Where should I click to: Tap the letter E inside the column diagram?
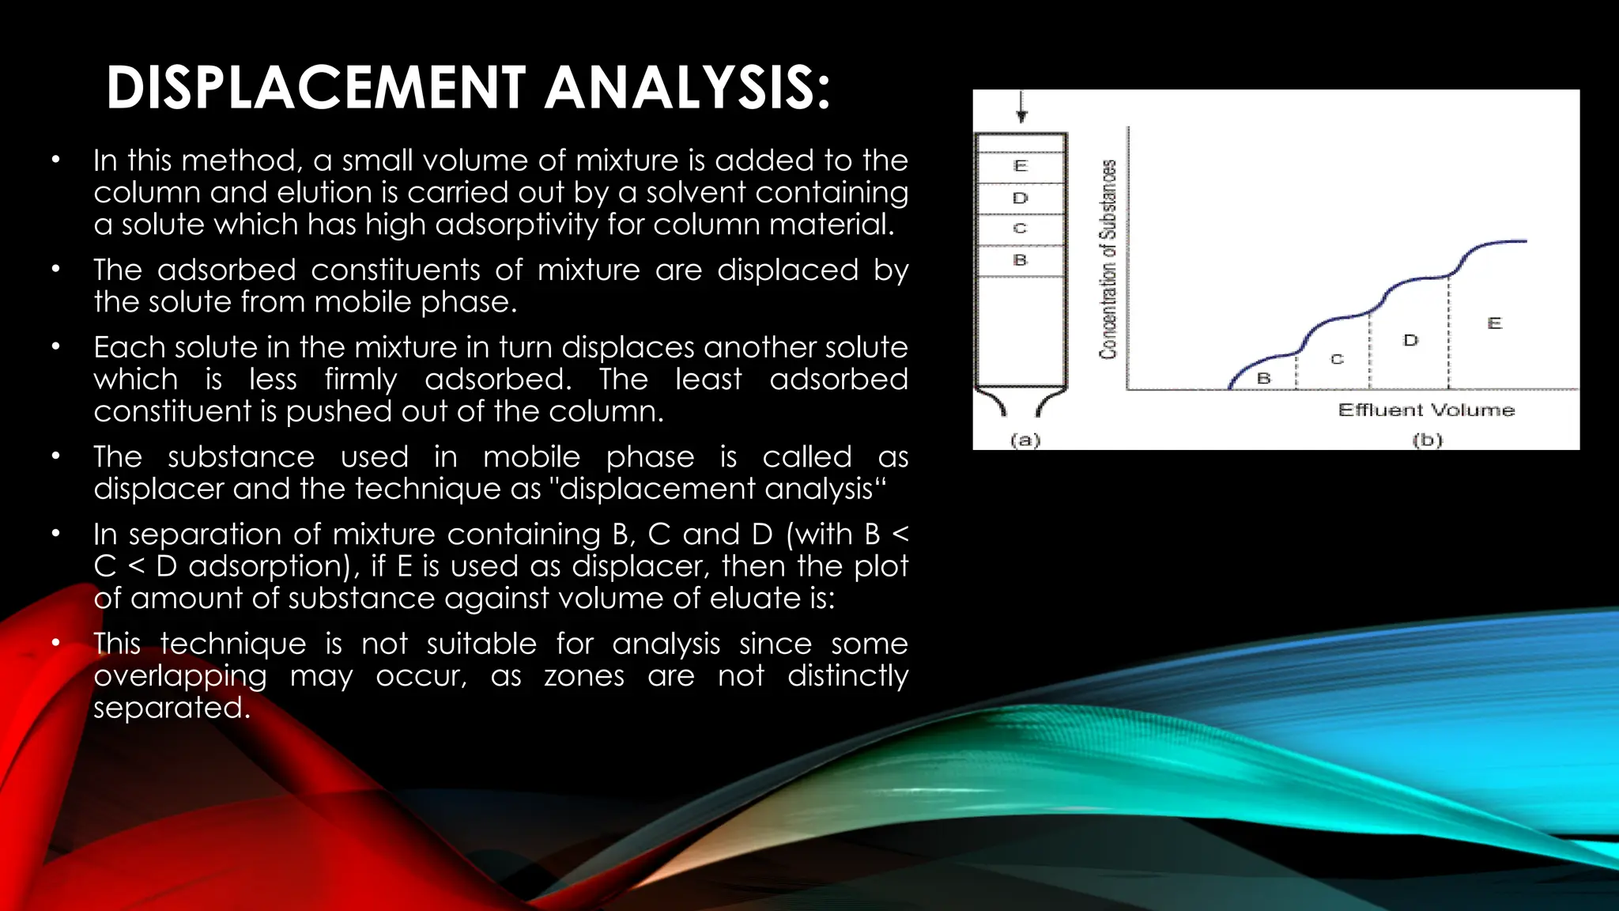pos(1020,166)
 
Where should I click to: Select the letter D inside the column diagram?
pos(1020,198)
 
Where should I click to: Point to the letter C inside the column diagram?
pos(1020,229)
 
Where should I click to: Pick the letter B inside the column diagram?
pos(1020,260)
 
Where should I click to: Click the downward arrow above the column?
pos(1021,108)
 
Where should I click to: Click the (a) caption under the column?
pos(1025,440)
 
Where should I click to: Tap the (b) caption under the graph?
pos(1428,440)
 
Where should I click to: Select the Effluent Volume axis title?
pos(1426,410)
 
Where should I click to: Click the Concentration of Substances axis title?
pos(1108,259)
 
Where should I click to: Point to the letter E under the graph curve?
pos(1494,323)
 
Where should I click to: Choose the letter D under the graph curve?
pos(1410,341)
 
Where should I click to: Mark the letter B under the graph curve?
pos(1263,379)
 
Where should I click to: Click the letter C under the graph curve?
pos(1337,360)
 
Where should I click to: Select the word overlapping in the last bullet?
pos(180,676)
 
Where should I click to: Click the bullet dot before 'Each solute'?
pos(55,346)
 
